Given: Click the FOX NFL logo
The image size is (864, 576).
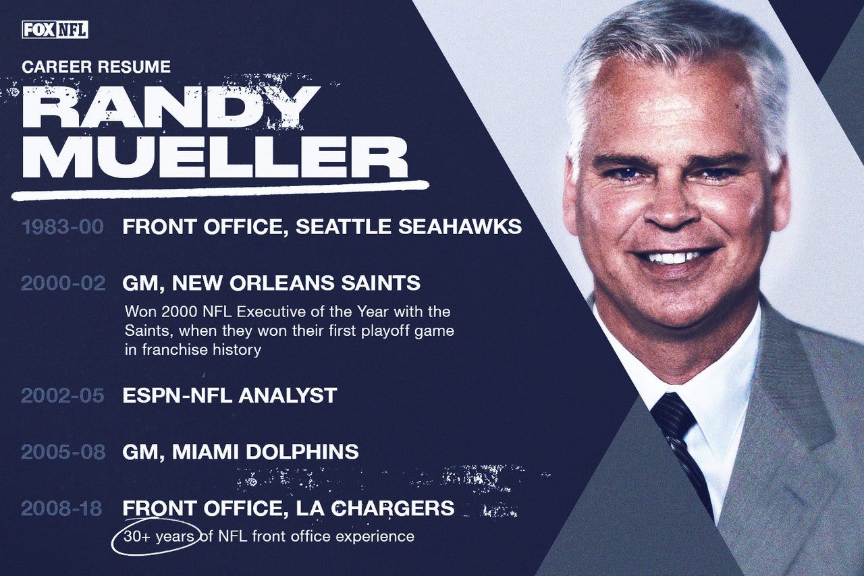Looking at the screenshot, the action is pyautogui.click(x=55, y=30).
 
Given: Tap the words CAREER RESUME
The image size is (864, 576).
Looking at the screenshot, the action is pyautogui.click(x=96, y=67).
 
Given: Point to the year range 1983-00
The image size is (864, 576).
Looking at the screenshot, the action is pyautogui.click(x=63, y=227).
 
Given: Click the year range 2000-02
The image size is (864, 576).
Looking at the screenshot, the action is pyautogui.click(x=63, y=283).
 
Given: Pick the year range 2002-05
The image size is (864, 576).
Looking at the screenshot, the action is pyautogui.click(x=63, y=395).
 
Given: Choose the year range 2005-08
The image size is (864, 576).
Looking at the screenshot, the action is pyautogui.click(x=63, y=452).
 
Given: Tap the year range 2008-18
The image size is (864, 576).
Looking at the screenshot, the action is pyautogui.click(x=61, y=508).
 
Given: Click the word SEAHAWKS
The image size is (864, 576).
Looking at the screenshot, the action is pyautogui.click(x=460, y=227).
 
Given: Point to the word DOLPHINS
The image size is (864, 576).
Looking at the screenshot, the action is pyautogui.click(x=302, y=452).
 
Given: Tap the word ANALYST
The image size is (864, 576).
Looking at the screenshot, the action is pyautogui.click(x=288, y=395).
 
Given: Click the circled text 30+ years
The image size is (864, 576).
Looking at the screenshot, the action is pyautogui.click(x=159, y=536).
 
